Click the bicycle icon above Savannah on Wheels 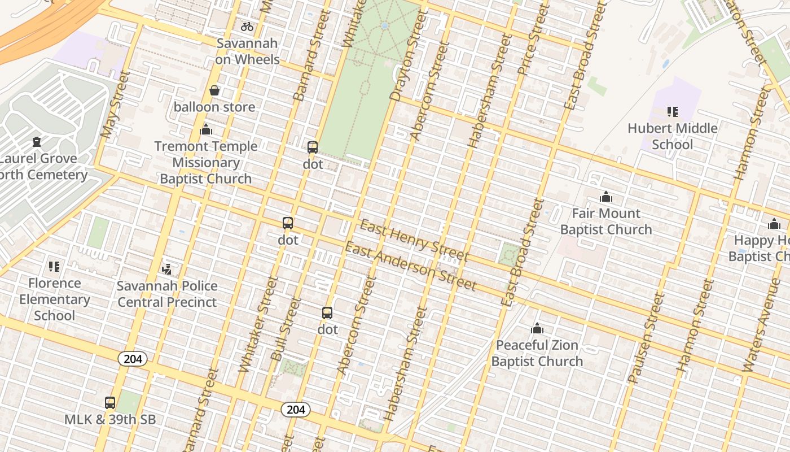pos(247,26)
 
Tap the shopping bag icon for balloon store pos(214,90)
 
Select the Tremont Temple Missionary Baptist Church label pos(206,163)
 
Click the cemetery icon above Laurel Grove pos(37,142)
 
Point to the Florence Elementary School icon pos(54,266)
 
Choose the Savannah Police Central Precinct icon pos(166,269)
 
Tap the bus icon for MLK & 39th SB pos(110,403)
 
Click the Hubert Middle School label pos(673,136)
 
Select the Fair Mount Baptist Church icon pos(606,197)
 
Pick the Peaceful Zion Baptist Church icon pos(537,328)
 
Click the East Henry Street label pos(414,241)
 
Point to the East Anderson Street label pos(410,266)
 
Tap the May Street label pos(115,105)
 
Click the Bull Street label pos(286,329)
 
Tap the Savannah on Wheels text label pos(247,51)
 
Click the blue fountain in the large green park pos(384,25)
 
